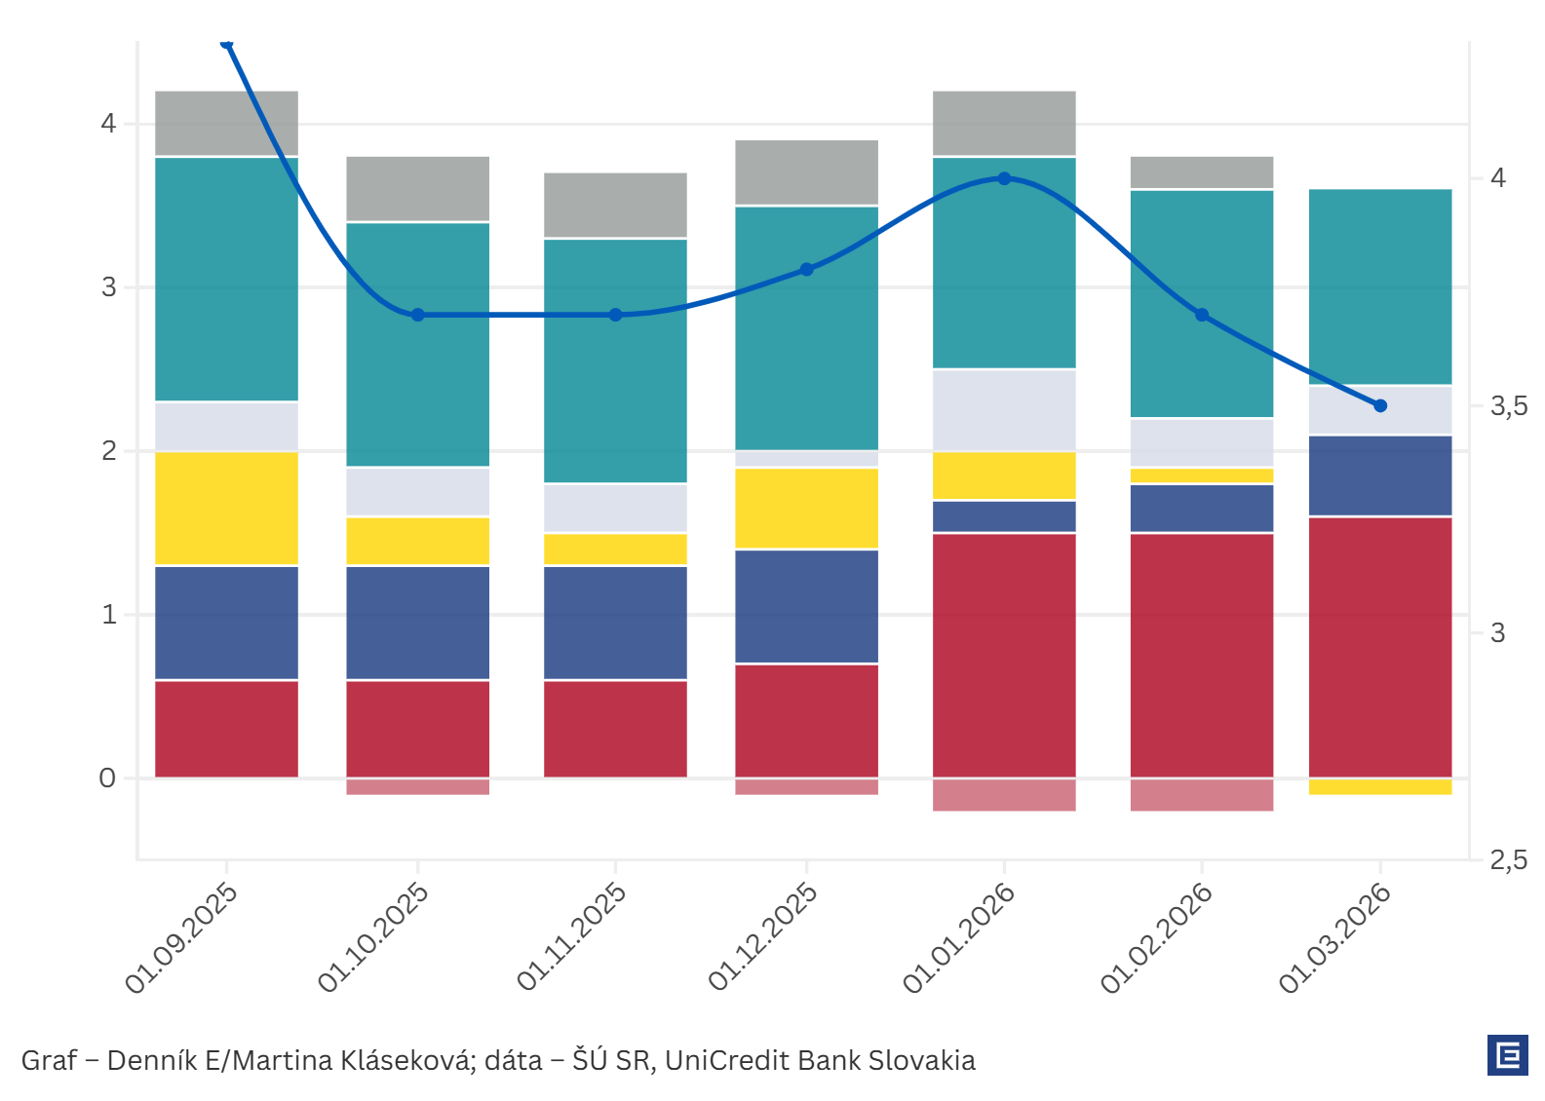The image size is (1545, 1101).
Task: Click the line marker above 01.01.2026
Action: point(1004,178)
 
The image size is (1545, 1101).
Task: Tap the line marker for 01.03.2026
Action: point(1380,405)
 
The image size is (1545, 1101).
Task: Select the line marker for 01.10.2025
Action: point(418,315)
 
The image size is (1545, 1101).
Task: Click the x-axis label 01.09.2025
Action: point(182,938)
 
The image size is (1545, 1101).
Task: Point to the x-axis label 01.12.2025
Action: point(763,937)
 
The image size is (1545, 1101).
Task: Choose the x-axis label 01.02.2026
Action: point(1157,938)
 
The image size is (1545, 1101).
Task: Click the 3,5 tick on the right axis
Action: point(1508,406)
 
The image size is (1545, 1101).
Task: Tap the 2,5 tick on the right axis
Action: point(1508,860)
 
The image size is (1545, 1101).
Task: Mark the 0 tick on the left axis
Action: point(107,778)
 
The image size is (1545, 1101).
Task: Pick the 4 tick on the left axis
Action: point(107,124)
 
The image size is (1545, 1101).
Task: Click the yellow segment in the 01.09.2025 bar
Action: point(227,508)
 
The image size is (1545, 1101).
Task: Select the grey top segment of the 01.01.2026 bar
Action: point(1004,123)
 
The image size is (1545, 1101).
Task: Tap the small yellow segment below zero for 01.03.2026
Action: point(1380,786)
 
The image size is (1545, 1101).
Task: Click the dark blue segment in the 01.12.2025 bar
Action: point(806,606)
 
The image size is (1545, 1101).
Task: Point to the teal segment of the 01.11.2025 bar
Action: point(615,361)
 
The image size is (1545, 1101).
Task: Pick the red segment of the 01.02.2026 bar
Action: point(1202,655)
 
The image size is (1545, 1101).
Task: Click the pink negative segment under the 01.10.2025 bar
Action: point(418,786)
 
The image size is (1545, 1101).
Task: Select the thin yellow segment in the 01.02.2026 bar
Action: point(1202,475)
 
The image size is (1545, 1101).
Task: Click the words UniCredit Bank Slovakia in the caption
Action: point(820,1060)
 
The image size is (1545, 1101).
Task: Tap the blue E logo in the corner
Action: point(1507,1055)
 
